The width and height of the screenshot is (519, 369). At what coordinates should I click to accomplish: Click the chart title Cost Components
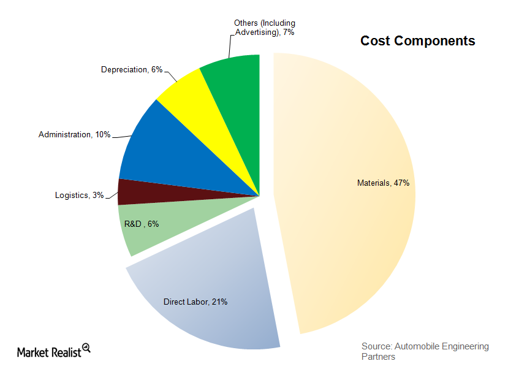[x=417, y=41]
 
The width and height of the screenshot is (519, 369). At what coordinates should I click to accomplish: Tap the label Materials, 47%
[x=383, y=183]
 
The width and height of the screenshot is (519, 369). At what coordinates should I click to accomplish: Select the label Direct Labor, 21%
[x=195, y=302]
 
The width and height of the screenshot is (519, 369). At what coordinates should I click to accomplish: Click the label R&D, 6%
[x=142, y=224]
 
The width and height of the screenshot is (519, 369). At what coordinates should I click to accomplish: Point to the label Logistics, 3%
[x=79, y=196]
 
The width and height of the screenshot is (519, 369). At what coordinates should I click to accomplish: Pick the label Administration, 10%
[x=74, y=134]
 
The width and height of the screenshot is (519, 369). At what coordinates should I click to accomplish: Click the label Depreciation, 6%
[x=131, y=70]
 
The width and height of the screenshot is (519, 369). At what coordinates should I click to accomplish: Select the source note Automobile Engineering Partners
[x=425, y=351]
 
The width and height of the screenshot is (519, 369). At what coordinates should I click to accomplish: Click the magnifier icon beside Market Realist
[x=86, y=348]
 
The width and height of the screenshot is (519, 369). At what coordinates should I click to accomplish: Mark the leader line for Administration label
[x=121, y=135]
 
